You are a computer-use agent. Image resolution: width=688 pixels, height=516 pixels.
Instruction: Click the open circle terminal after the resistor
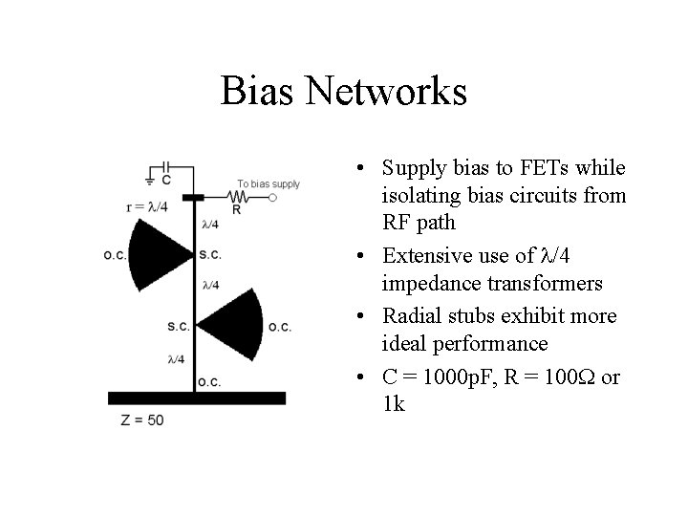(272, 198)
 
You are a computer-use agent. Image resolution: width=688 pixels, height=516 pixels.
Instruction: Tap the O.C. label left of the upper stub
(116, 255)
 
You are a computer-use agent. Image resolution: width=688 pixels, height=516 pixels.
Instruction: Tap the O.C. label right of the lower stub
(280, 327)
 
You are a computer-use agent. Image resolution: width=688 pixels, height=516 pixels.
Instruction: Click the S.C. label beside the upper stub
(211, 255)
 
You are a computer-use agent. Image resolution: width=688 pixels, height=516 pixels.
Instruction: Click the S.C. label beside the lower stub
(178, 326)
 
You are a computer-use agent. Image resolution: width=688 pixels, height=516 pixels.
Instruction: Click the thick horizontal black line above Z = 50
(196, 398)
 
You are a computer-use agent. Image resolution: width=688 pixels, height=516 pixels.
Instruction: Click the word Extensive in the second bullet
(421, 257)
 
